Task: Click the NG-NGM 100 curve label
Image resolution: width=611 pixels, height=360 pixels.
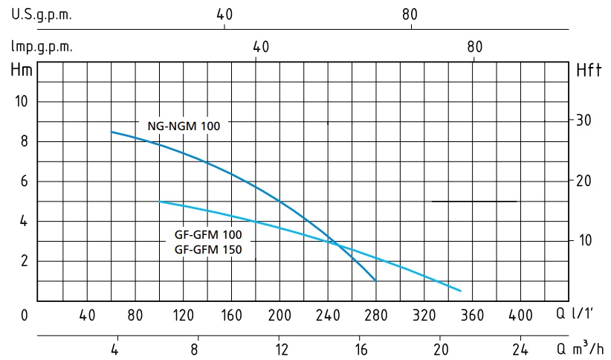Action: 184,126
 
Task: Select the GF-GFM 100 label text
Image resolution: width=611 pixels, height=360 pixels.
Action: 208,235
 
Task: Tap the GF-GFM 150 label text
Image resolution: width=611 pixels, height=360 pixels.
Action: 208,250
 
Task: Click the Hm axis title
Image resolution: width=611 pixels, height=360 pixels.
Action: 22,70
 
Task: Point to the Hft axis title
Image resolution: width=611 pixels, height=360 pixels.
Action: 589,71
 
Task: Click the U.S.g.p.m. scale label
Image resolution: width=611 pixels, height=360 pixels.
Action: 42,15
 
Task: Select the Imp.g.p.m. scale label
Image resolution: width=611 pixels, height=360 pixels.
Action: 42,47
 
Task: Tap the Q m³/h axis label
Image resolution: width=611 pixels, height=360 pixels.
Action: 580,347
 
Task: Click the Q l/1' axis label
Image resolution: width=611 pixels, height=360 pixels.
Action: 575,313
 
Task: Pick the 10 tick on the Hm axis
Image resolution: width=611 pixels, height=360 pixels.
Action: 22,101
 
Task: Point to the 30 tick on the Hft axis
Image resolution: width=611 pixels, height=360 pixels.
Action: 583,120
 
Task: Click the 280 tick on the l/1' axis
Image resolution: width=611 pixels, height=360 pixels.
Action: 375,315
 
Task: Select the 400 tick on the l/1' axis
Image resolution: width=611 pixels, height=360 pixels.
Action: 520,315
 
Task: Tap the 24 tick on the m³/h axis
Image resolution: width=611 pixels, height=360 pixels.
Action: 520,349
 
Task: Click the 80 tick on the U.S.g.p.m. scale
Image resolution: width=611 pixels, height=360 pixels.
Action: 410,15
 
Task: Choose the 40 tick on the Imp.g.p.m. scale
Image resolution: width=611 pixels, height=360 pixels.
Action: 261,47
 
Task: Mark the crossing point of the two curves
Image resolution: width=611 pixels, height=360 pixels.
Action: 335,244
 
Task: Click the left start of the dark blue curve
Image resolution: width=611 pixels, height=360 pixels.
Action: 111,132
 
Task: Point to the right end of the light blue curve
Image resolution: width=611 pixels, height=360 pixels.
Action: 461,291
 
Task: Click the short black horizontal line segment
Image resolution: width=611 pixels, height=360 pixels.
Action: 474,202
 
